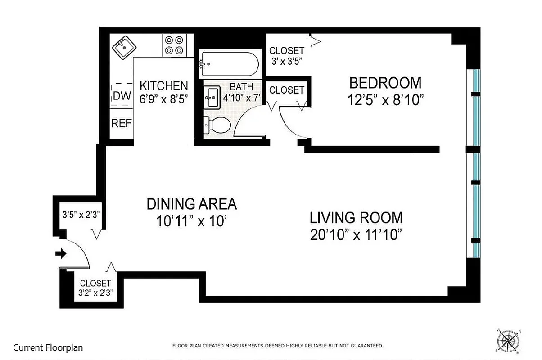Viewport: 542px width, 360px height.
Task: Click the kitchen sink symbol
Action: pos(123,47)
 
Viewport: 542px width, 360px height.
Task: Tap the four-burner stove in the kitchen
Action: pos(174,45)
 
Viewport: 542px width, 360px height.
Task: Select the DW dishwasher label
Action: pos(122,96)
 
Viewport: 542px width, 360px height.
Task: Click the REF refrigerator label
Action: pos(122,123)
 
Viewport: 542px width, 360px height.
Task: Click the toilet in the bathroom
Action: pos(217,125)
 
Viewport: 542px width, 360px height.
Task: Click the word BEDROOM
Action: pos(385,83)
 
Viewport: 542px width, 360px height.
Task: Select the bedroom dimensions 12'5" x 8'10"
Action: pos(386,100)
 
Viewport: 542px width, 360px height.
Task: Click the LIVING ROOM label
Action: pos(356,218)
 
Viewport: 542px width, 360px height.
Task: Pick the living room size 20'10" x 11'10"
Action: pos(356,235)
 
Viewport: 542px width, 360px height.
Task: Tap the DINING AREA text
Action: pos(191,204)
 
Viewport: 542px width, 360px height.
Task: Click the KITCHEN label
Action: pos(163,85)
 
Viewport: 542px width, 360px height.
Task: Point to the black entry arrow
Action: pos(60,254)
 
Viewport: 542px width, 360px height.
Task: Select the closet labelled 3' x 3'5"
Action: pos(287,55)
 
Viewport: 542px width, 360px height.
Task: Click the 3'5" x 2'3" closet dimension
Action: pos(80,214)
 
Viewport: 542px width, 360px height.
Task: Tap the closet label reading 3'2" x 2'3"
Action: pos(95,288)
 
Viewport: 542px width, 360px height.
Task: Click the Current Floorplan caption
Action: pos(48,347)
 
